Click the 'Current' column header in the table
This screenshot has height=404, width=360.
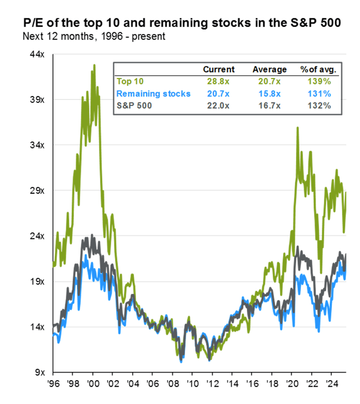[x=219, y=70]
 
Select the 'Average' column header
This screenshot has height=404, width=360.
[x=270, y=70]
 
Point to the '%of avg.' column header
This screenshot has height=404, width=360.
[x=319, y=70]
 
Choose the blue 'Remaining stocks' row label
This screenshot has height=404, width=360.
[x=153, y=93]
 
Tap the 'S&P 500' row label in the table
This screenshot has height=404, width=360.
[x=134, y=105]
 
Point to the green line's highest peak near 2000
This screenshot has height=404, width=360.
[x=94, y=65]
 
